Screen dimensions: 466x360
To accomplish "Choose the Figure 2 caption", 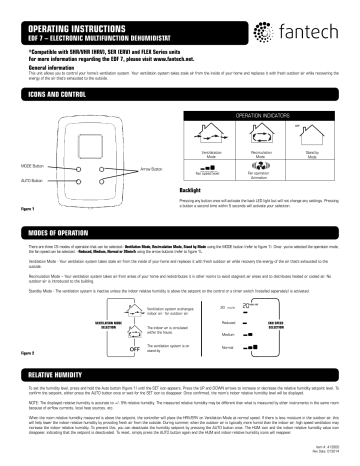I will click(16, 353).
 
